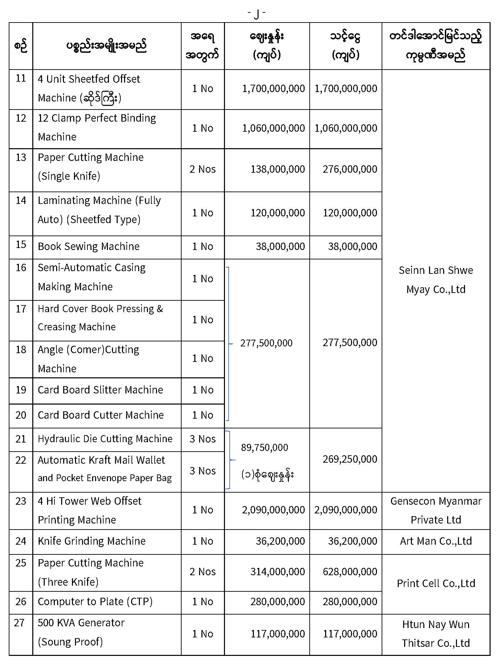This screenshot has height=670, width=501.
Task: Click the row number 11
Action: [21, 79]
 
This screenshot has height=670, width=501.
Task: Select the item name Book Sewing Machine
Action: [88, 246]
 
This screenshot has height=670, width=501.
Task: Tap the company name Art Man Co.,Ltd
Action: [436, 541]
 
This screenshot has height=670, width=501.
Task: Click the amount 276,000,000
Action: [350, 169]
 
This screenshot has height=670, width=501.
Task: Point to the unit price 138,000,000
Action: [277, 169]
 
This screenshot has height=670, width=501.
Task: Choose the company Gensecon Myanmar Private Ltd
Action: [436, 510]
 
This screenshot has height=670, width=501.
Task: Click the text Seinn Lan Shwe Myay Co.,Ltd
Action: [436, 280]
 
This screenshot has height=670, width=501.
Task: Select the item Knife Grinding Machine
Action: [91, 541]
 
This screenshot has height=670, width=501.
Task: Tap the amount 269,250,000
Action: [350, 459]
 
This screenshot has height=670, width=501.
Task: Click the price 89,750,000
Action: [264, 448]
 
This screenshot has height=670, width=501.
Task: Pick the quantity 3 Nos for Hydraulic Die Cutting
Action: [202, 439]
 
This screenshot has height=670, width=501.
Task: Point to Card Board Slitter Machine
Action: [100, 390]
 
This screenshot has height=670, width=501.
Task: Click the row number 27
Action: [19, 623]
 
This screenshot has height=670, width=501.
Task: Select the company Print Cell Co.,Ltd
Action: [436, 583]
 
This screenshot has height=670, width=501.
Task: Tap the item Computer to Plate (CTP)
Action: [95, 601]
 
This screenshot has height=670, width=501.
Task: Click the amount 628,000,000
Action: [350, 572]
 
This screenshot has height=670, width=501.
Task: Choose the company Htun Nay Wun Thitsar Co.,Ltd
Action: [436, 633]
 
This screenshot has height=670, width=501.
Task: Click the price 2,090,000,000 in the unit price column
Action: [273, 510]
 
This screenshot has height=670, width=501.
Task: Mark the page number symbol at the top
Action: [257, 13]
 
